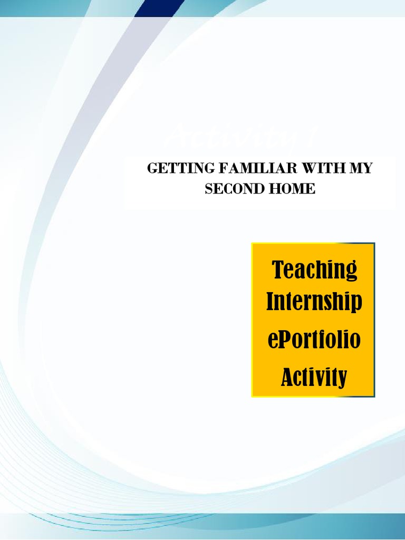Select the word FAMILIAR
(x=238, y=169)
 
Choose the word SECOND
(x=230, y=189)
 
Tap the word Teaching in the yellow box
(x=314, y=270)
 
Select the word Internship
(x=314, y=303)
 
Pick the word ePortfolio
(x=314, y=340)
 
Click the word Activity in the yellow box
(x=314, y=377)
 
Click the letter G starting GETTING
(x=152, y=169)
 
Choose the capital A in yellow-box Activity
(x=287, y=377)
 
